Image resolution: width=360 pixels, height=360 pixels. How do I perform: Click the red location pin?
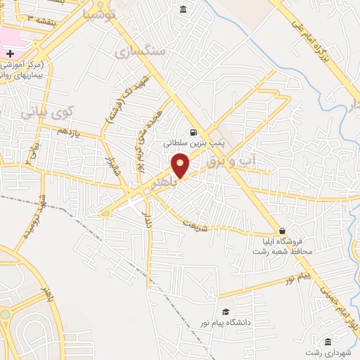pyautogui.click(x=181, y=166)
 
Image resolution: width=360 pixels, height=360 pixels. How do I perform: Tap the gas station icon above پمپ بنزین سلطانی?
pyautogui.click(x=192, y=131)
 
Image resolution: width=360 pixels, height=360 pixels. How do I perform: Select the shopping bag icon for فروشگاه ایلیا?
pyautogui.click(x=282, y=231)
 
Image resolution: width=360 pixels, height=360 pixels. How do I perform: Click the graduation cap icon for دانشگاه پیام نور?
pyautogui.click(x=226, y=311)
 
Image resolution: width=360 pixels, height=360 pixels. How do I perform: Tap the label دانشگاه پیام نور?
pyautogui.click(x=257, y=322)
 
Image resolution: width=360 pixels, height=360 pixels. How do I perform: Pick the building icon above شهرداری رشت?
pyautogui.click(x=328, y=341)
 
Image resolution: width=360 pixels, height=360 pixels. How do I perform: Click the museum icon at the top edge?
pyautogui.click(x=183, y=9)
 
